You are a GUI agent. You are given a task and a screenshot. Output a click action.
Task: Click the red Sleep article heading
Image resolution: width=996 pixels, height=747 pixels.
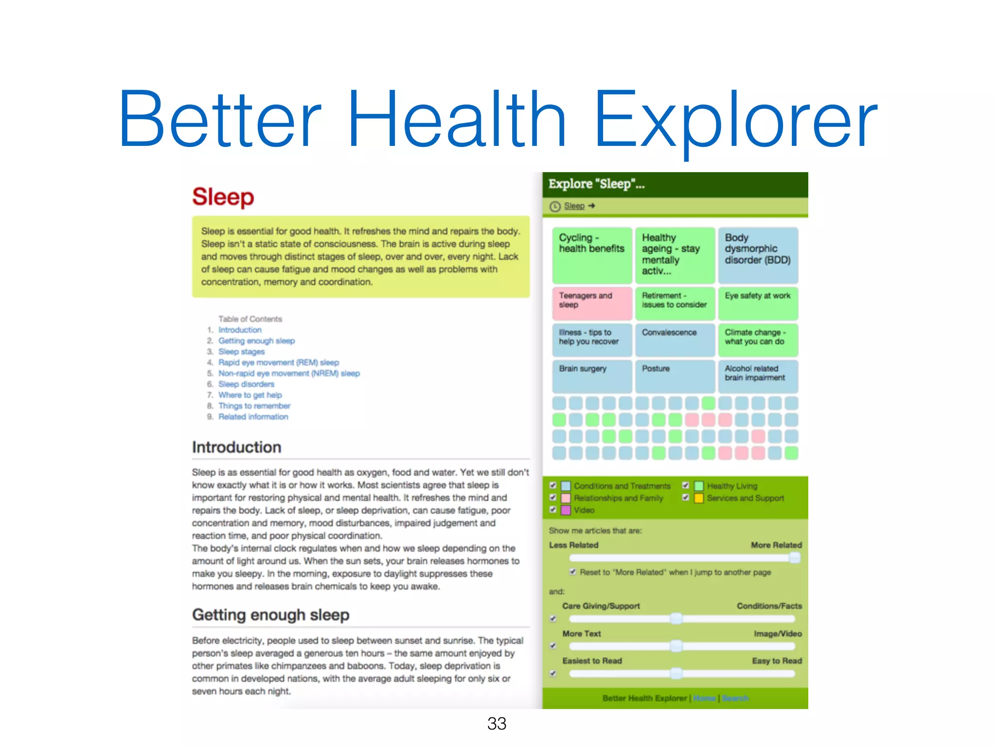[223, 197]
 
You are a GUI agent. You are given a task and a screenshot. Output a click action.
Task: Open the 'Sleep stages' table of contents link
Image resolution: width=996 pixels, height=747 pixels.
[241, 352]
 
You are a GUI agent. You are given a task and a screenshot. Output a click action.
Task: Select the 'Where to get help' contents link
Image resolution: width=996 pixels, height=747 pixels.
[250, 395]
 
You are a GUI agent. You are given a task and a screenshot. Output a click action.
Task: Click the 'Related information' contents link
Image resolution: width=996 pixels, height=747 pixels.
[253, 417]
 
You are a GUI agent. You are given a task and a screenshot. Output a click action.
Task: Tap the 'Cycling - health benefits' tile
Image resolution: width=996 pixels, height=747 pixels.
[592, 255]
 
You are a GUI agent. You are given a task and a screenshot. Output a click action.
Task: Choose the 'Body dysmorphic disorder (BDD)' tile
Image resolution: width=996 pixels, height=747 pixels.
[758, 255]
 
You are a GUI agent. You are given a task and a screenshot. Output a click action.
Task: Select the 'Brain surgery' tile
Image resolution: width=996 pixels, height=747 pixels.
[592, 376]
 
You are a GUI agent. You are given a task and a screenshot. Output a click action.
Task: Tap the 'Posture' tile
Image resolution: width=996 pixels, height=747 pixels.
[675, 376]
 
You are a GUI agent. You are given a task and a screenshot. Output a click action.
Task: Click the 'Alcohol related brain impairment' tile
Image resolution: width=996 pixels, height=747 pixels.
[758, 376]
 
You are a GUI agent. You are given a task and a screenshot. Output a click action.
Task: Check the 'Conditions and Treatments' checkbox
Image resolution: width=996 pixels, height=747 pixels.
[553, 485]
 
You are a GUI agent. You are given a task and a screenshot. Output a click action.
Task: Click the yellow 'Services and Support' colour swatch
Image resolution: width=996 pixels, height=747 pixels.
[699, 498]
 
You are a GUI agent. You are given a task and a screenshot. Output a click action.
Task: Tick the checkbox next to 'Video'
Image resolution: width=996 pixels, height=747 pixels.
[553, 510]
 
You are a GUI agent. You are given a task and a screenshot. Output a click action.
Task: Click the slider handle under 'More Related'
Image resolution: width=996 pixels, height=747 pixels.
[795, 558]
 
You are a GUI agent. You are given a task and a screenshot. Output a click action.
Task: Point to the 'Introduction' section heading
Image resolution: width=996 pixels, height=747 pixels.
[236, 447]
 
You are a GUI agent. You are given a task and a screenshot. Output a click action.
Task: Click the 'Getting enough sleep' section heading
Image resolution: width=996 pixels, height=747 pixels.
[270, 615]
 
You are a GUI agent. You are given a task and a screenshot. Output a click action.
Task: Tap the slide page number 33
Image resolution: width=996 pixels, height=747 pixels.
[497, 724]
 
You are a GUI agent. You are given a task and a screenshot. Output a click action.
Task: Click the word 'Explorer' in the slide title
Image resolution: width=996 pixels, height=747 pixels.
[735, 120]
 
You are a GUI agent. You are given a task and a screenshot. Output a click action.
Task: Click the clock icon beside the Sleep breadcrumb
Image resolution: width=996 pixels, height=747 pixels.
[555, 206]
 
